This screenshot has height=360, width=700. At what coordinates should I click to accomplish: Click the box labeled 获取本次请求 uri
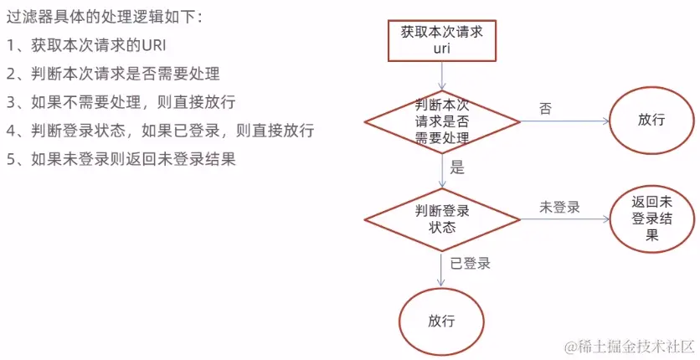(x=442, y=39)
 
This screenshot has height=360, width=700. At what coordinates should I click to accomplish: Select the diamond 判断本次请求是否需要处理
(x=442, y=121)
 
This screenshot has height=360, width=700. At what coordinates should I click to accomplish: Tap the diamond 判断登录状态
(x=442, y=218)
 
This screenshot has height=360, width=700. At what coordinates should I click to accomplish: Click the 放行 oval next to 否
(x=651, y=120)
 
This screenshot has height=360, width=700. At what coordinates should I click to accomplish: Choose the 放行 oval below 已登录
(x=442, y=321)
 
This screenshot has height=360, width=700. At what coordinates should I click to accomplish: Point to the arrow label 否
(x=546, y=108)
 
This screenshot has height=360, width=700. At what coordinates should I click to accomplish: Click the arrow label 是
(x=457, y=167)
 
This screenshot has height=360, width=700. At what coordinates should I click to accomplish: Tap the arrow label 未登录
(x=560, y=206)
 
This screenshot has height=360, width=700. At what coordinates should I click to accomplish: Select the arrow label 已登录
(x=470, y=263)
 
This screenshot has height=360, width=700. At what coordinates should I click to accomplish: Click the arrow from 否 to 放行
(x=565, y=121)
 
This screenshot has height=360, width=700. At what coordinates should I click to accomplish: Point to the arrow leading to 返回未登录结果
(x=565, y=219)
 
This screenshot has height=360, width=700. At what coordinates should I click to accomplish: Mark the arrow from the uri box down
(x=442, y=75)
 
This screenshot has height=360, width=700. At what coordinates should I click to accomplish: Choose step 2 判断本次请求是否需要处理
(x=113, y=74)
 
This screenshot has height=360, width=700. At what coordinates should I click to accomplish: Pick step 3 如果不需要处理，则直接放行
(x=121, y=102)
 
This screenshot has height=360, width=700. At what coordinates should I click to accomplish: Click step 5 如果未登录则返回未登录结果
(x=121, y=158)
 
